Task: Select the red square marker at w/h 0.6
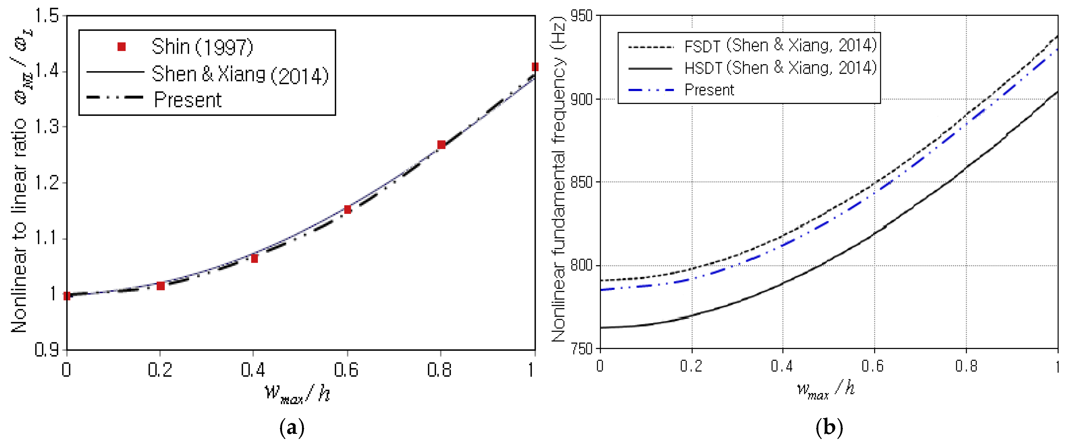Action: point(348,209)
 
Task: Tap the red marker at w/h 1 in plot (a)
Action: point(534,67)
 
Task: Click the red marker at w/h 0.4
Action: point(254,258)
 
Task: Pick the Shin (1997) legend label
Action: point(202,47)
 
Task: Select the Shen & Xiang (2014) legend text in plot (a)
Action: point(240,75)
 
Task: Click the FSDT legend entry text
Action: point(780,46)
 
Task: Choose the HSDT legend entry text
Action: point(780,68)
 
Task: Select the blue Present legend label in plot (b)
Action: point(709,90)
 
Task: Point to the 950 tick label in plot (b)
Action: point(582,16)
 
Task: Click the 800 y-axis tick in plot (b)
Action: point(582,265)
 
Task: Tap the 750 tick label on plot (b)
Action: point(582,349)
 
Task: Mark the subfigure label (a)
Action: point(292,427)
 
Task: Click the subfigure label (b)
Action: point(829,427)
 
